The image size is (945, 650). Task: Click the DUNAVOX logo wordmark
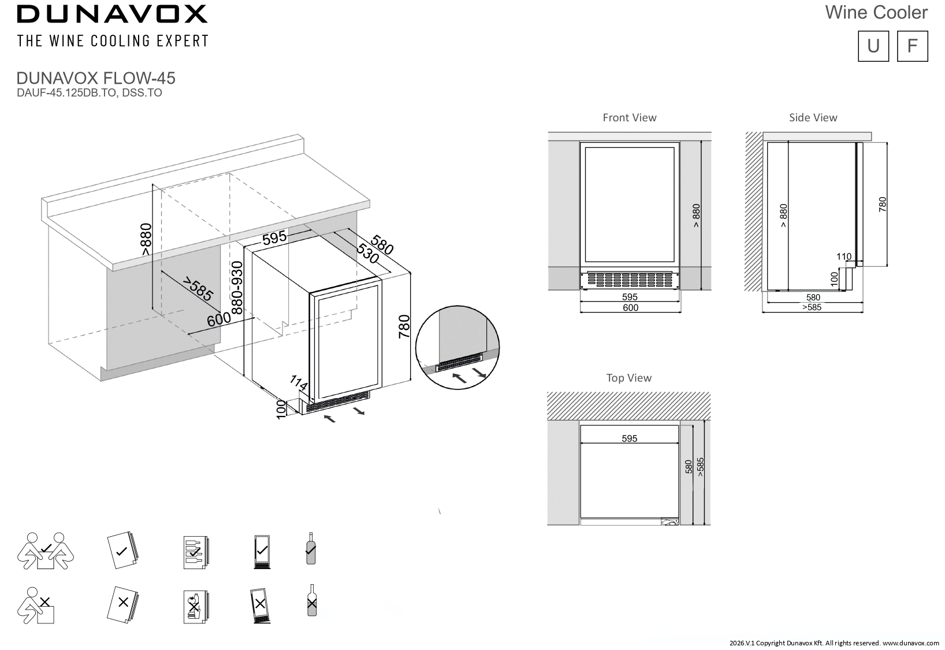coord(112,14)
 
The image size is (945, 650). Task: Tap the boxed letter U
coord(873,46)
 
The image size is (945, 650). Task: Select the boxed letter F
coord(913,46)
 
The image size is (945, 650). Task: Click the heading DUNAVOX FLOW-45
coord(96,78)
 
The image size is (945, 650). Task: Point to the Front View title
coord(630,118)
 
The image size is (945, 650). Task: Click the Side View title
coord(813,118)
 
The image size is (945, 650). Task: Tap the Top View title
coord(629,378)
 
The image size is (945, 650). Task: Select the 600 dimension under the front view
coord(630,308)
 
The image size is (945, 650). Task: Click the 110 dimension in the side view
coord(844,256)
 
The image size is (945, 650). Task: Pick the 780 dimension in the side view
coord(882,205)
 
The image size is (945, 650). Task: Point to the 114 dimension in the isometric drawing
coord(298,383)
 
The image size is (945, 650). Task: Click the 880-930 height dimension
coord(237,288)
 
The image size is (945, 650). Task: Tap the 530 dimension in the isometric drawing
coord(367,254)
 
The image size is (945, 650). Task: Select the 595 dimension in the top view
coord(629,439)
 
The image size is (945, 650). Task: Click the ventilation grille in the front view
coord(630,280)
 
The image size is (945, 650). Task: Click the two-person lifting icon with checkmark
coord(46,551)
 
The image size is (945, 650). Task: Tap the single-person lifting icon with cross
coord(36,606)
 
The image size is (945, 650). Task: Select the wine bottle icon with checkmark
coord(311,548)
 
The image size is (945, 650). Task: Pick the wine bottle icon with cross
coord(312,600)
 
